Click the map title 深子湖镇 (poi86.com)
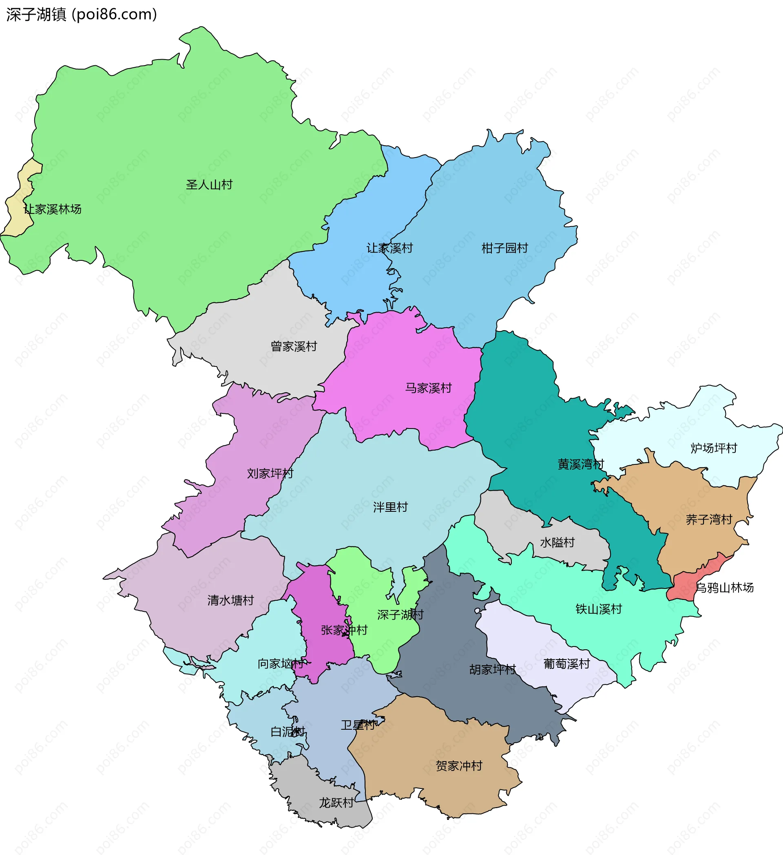pyautogui.click(x=81, y=14)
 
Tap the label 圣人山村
pyautogui.click(x=209, y=184)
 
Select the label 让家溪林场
pyautogui.click(x=53, y=209)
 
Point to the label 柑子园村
pyautogui.click(x=504, y=248)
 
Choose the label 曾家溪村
pyautogui.click(x=294, y=346)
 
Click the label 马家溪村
pyautogui.click(x=428, y=388)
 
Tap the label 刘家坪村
pyautogui.click(x=270, y=473)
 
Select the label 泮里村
pyautogui.click(x=390, y=507)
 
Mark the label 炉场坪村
pyautogui.click(x=714, y=448)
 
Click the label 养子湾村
pyautogui.click(x=709, y=519)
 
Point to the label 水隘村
pyautogui.click(x=557, y=542)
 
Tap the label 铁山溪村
pyautogui.click(x=598, y=609)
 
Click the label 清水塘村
pyautogui.click(x=230, y=600)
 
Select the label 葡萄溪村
pyautogui.click(x=566, y=664)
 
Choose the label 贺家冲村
pyautogui.click(x=459, y=766)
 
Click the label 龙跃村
pyautogui.click(x=336, y=803)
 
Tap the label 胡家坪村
pyautogui.click(x=492, y=669)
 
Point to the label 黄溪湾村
pyautogui.click(x=580, y=464)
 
